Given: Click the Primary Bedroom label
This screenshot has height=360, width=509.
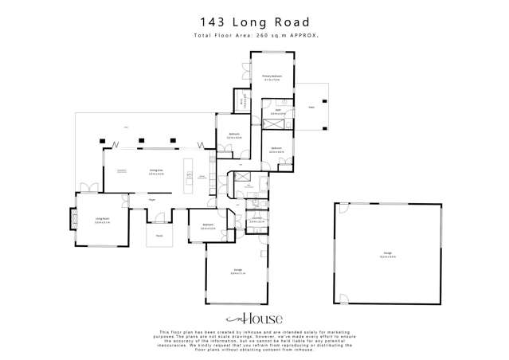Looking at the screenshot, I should (272, 78).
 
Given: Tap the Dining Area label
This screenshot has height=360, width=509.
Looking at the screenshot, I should (156, 171).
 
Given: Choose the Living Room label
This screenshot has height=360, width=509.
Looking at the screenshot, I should (102, 219).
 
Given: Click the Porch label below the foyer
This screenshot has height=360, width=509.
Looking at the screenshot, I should (159, 236).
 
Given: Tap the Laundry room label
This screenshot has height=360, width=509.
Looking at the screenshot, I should (257, 219).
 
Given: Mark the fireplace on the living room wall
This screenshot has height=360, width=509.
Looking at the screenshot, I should (73, 219).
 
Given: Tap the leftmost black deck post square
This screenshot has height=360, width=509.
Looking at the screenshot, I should (102, 141).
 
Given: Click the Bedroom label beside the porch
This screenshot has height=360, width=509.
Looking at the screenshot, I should (208, 226).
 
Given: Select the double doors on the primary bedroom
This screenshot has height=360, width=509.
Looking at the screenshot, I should (245, 70).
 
